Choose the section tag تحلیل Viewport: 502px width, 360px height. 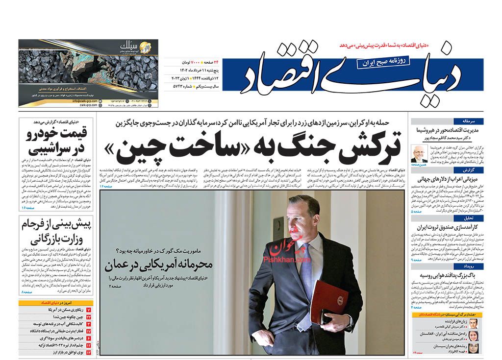click(477, 218)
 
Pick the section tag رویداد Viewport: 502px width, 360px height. click(476, 266)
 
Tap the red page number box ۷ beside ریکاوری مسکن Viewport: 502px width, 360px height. click(89, 311)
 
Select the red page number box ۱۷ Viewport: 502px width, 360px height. click(89, 345)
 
